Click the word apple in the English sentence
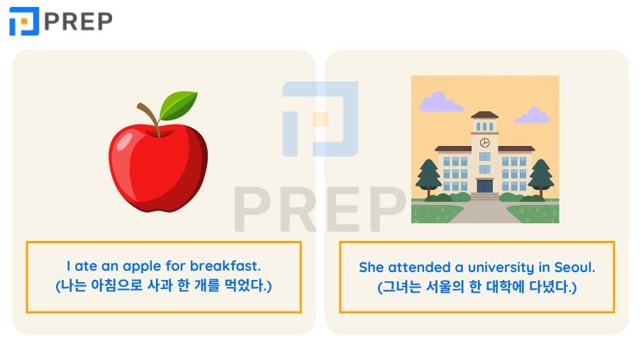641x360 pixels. [x=142, y=267]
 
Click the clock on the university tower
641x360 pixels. [x=485, y=142]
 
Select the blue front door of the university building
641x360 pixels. [x=485, y=186]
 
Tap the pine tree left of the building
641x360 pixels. [x=428, y=177]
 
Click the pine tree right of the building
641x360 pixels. [x=541, y=177]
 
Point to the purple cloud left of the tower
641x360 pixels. [x=440, y=103]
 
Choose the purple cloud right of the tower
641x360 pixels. [x=533, y=116]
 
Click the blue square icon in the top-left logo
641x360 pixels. [x=23, y=21]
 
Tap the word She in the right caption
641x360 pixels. [x=371, y=267]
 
